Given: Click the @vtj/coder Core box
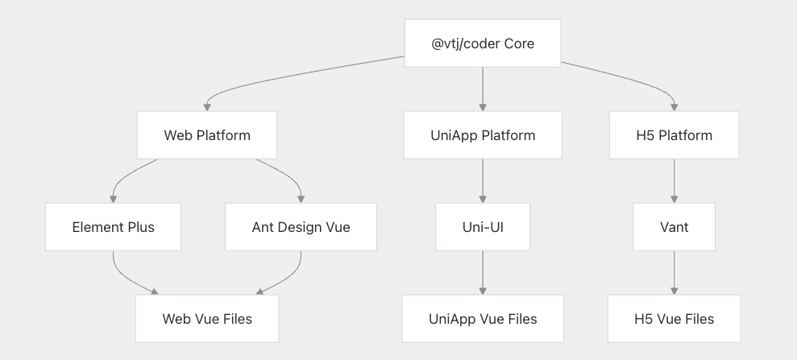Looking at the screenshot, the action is (x=483, y=43).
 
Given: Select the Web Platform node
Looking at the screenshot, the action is (x=207, y=135).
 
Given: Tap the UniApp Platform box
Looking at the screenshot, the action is (x=483, y=135).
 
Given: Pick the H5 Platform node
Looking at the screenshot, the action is (x=674, y=135).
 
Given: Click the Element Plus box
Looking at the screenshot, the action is (x=113, y=227).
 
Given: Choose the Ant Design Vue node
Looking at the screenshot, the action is (x=301, y=227).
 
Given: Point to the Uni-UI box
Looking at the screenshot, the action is (x=483, y=227).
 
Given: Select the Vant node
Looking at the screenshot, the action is (x=674, y=227).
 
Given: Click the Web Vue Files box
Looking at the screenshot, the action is (x=207, y=319).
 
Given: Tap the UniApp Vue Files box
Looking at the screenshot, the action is (x=483, y=319).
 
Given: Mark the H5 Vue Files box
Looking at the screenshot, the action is (x=674, y=319).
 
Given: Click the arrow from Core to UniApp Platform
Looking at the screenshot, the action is (x=483, y=89).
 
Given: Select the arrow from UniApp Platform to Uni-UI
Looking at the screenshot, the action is (x=483, y=180).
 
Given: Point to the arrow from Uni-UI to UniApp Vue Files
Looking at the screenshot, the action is (x=483, y=273).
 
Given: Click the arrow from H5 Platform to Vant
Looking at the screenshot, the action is (x=674, y=180).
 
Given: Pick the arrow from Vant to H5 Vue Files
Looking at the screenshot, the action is (x=674, y=273).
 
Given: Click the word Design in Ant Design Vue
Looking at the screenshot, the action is (x=301, y=227).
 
